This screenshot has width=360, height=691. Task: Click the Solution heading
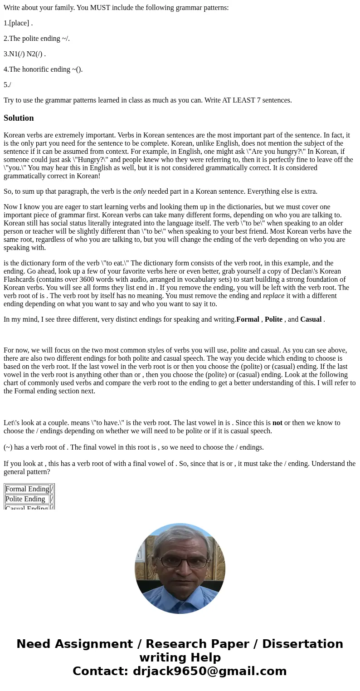click(19, 118)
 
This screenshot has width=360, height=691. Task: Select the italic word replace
click(273, 296)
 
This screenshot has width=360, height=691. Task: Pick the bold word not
click(277, 423)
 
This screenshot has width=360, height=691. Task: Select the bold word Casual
click(311, 319)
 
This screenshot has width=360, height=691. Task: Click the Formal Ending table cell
click(27, 489)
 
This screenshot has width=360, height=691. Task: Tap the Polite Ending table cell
click(25, 499)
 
